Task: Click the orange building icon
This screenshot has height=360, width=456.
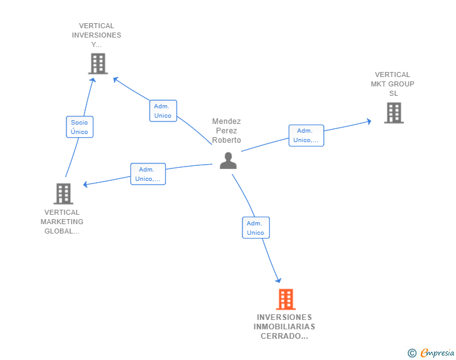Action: click(x=286, y=299)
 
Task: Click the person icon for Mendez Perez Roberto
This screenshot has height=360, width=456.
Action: click(x=228, y=161)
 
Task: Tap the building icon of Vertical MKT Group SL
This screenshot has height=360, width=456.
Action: click(x=393, y=113)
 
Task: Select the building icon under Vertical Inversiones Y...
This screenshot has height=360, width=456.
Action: click(x=98, y=64)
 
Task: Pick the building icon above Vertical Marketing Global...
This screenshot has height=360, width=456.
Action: click(x=63, y=194)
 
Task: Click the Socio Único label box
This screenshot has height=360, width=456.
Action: click(x=80, y=127)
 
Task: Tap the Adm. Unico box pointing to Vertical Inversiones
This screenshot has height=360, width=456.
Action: click(x=163, y=111)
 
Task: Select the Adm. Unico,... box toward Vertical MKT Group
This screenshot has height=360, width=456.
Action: click(x=306, y=135)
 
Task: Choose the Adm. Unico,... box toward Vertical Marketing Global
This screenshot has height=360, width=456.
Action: click(x=148, y=174)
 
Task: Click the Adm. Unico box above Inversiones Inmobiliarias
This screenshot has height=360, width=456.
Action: click(x=256, y=228)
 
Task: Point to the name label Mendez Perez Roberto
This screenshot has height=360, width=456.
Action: click(x=226, y=131)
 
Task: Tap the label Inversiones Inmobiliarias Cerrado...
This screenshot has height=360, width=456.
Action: click(x=284, y=327)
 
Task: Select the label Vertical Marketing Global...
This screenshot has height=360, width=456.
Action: click(x=62, y=222)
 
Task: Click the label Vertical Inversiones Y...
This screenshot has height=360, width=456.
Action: click(x=96, y=35)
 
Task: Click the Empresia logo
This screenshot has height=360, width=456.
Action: click(x=437, y=353)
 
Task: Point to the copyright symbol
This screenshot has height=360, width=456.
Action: click(x=412, y=353)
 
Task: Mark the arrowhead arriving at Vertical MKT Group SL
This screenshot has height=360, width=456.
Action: click(x=370, y=121)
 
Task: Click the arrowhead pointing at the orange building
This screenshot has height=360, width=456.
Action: click(x=278, y=280)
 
